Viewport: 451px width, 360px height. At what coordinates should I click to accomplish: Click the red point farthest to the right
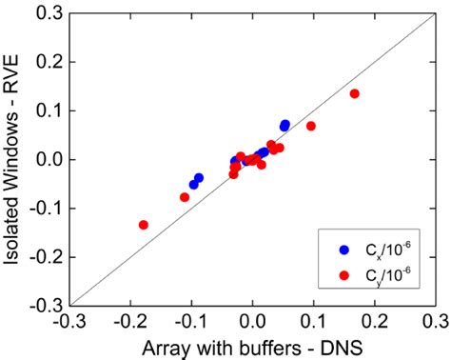[354, 93]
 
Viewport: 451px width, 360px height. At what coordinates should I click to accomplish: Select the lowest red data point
[144, 225]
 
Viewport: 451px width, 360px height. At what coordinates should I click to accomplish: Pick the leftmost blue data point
[193, 184]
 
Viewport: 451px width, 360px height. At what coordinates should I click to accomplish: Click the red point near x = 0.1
[311, 126]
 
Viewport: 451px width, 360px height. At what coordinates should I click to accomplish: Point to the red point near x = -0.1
[185, 197]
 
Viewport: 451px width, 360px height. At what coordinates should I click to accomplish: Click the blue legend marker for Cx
[344, 250]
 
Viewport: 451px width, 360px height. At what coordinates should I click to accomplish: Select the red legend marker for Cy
[344, 274]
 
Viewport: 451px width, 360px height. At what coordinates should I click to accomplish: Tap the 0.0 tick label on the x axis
[252, 322]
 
